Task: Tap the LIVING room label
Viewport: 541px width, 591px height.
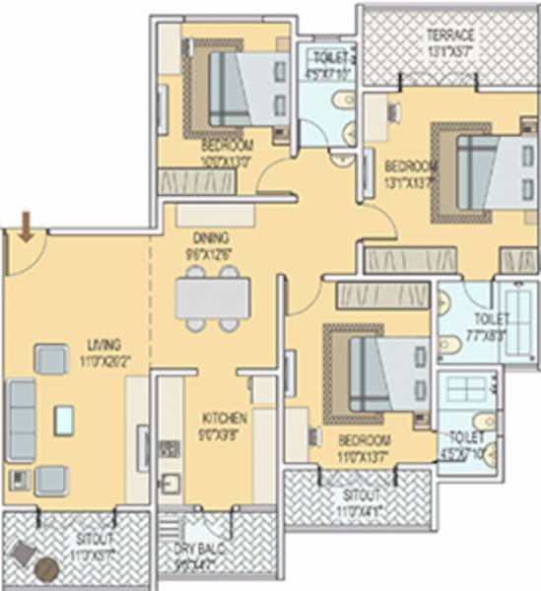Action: [x=103, y=345]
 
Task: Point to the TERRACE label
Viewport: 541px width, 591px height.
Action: [x=450, y=35]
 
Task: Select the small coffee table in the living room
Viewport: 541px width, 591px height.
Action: [x=65, y=419]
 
